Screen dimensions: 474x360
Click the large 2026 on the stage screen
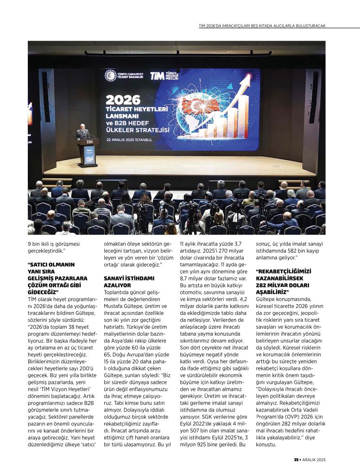coord(123,100)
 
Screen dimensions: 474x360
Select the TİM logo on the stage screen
coord(157,75)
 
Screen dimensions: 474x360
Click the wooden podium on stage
coord(88,152)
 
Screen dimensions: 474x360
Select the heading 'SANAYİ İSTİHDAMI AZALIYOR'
coord(123,282)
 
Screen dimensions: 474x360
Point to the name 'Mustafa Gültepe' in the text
coord(124,312)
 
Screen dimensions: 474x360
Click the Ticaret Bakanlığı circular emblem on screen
coord(110,75)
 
